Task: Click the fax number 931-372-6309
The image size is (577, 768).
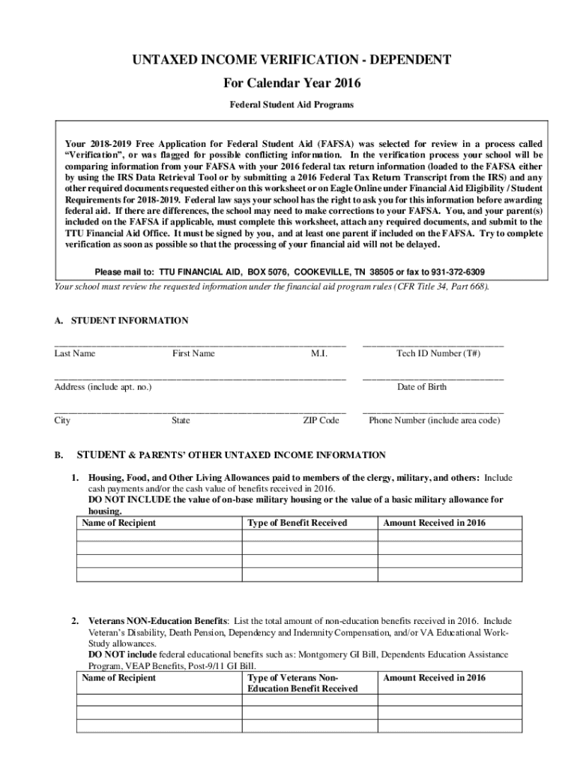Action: pyautogui.click(x=453, y=271)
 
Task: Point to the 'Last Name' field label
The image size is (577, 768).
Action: pyautogui.click(x=75, y=353)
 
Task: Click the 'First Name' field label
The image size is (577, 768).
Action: pyautogui.click(x=193, y=353)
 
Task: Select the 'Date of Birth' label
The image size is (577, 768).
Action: pyautogui.click(x=422, y=387)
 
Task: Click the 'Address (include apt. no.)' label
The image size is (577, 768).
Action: pyautogui.click(x=103, y=387)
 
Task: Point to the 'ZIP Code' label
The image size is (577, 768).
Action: pyautogui.click(x=321, y=421)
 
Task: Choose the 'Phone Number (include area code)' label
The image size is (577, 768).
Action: pyautogui.click(x=434, y=421)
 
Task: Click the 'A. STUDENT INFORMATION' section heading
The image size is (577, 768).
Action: pyautogui.click(x=121, y=320)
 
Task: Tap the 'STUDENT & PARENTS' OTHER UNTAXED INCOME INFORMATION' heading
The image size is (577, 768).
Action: pyautogui.click(x=232, y=455)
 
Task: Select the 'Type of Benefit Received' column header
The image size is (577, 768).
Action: pyautogui.click(x=297, y=523)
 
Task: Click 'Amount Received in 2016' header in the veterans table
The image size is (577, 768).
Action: pyautogui.click(x=434, y=678)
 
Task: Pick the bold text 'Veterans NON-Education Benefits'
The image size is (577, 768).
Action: pyautogui.click(x=158, y=622)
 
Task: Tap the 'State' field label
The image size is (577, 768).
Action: pyautogui.click(x=181, y=421)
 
